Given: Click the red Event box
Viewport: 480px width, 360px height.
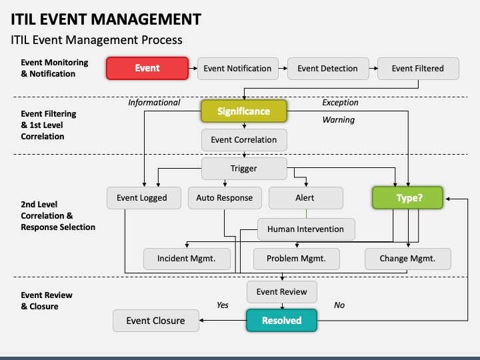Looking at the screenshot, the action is coord(147,68).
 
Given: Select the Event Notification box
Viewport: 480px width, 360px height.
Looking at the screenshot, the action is coord(238,69).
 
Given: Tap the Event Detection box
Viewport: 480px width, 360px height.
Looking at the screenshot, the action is coord(328,69).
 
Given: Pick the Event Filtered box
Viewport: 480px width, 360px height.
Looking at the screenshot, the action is coord(418,69).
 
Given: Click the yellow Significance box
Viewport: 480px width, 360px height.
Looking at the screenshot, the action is coord(244,111).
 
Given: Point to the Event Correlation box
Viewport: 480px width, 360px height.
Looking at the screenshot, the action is coord(244,140).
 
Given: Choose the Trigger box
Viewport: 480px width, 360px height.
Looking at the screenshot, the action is coord(244,169).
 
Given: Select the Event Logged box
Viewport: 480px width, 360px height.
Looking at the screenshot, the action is coord(144,198).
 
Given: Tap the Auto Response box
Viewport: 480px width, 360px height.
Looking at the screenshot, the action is coord(225,198).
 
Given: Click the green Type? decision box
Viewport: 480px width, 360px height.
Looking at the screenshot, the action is coord(407,198).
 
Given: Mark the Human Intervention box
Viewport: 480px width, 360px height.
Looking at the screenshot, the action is coord(306,229).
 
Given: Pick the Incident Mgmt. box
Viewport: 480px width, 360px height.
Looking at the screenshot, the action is coord(187,259).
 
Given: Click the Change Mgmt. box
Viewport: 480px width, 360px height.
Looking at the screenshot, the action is coord(408,259).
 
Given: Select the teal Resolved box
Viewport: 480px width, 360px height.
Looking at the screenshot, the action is coord(281,321).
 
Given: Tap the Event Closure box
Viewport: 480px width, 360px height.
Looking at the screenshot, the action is coord(156,321).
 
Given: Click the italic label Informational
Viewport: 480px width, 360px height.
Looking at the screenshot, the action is coord(154,103).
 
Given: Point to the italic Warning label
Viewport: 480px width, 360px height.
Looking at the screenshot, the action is coord(339,120).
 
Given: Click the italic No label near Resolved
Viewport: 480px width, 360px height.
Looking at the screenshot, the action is coord(339,305).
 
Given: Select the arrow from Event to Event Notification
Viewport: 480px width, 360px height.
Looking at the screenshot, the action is coord(193,68).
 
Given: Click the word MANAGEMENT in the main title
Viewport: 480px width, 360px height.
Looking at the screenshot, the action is coord(146,19).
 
